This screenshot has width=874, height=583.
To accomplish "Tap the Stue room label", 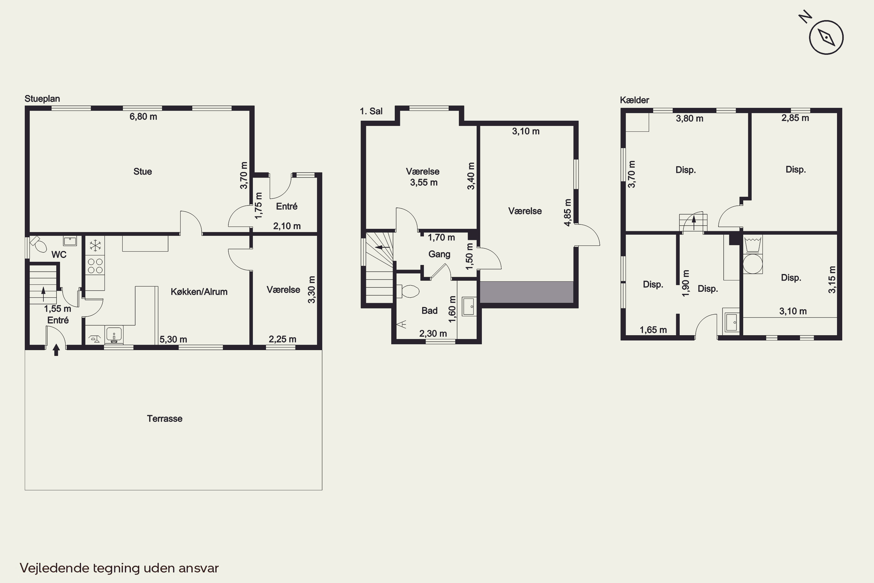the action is tap(143, 171).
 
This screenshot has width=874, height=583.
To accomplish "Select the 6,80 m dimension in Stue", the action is tap(143, 117).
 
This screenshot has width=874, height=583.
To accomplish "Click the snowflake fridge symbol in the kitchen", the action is tap(95, 245).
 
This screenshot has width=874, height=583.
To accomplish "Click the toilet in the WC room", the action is tap(38, 243).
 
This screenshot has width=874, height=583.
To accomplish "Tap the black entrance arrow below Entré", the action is tap(56, 350).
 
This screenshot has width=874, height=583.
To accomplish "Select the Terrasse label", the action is tap(165, 419).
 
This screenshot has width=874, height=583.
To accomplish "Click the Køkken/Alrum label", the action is tap(199, 292).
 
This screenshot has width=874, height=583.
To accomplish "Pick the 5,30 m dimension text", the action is tap(173, 340).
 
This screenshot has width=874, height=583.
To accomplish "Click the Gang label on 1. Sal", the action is tap(439, 254).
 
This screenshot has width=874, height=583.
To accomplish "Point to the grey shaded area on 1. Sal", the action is tap(526, 292).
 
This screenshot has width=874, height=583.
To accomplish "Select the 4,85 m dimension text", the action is tap(568, 212).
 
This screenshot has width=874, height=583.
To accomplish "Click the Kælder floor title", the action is tap(634, 100).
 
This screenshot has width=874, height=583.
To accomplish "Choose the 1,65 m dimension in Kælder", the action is tap(653, 330).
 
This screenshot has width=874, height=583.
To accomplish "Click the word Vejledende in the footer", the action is tap(54, 568).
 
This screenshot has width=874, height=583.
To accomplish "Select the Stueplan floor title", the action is tap(42, 99).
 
